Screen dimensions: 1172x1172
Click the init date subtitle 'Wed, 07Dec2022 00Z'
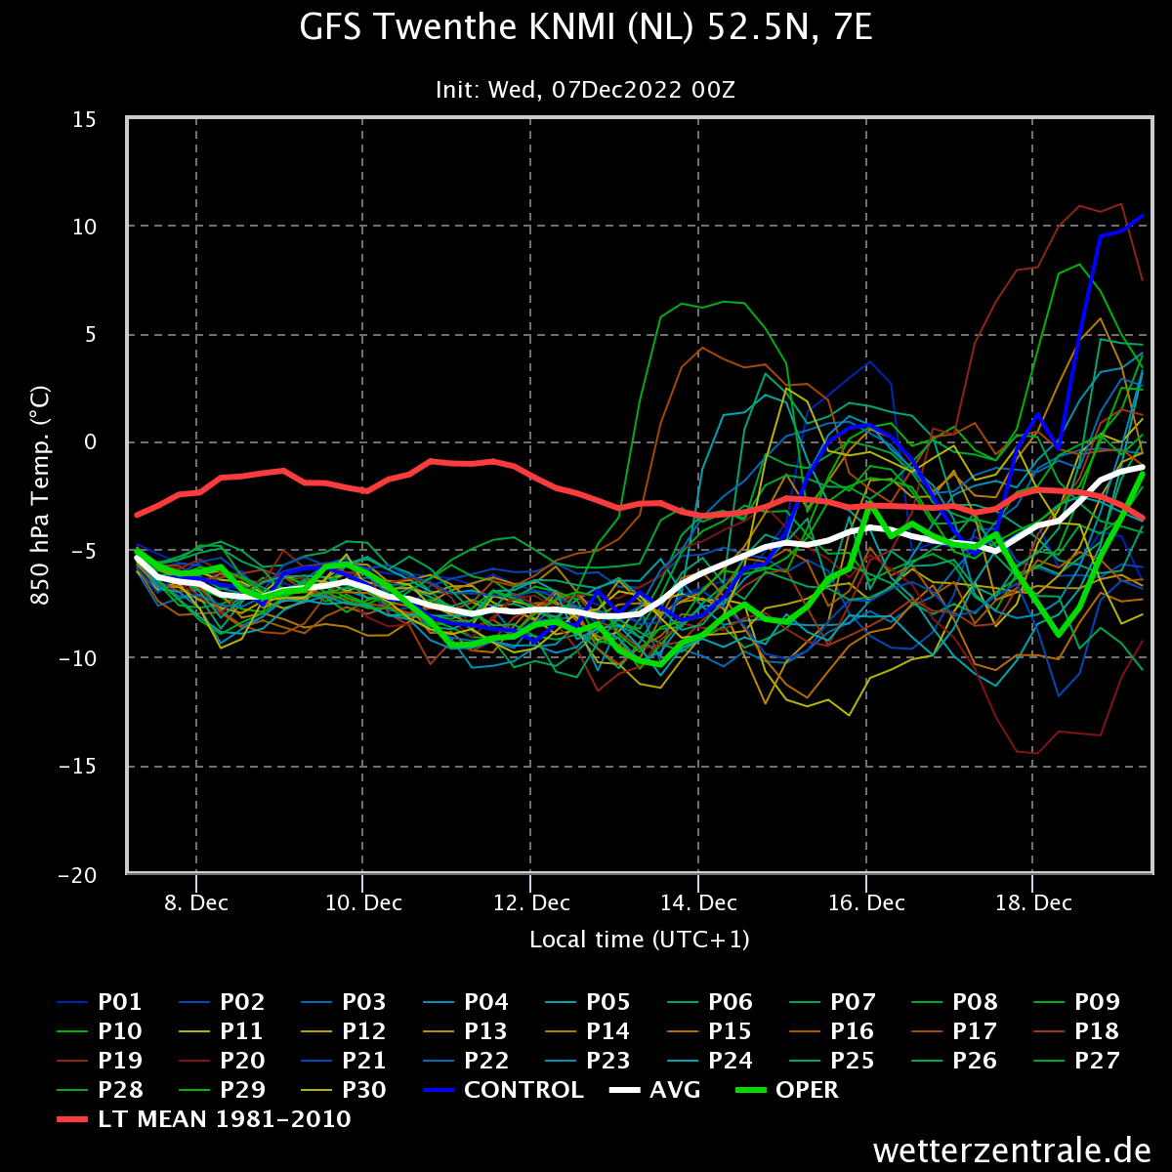[611, 90]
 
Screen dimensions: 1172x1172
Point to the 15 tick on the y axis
[85, 119]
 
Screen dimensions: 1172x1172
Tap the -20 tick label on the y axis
[78, 875]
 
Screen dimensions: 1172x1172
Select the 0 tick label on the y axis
[91, 442]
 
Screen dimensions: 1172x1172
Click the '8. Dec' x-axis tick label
[196, 902]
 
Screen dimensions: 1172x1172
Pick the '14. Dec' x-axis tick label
[698, 902]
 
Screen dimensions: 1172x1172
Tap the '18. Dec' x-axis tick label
[1032, 902]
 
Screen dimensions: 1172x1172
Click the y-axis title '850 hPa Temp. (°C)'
[40, 496]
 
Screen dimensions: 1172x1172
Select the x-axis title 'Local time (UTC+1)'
[639, 940]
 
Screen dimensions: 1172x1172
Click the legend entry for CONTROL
[504, 1089]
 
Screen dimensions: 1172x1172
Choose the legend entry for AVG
[655, 1089]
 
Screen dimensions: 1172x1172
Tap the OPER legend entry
[787, 1089]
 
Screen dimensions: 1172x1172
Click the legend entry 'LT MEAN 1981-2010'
[204, 1118]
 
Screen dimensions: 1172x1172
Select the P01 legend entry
[100, 1002]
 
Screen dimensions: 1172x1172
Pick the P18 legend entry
[1076, 1031]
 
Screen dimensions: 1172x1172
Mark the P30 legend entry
[344, 1089]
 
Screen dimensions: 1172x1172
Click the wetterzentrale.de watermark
[1012, 1151]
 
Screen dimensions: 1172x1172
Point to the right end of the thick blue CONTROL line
[1143, 215]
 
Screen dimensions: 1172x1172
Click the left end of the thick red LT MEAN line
[136, 515]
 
